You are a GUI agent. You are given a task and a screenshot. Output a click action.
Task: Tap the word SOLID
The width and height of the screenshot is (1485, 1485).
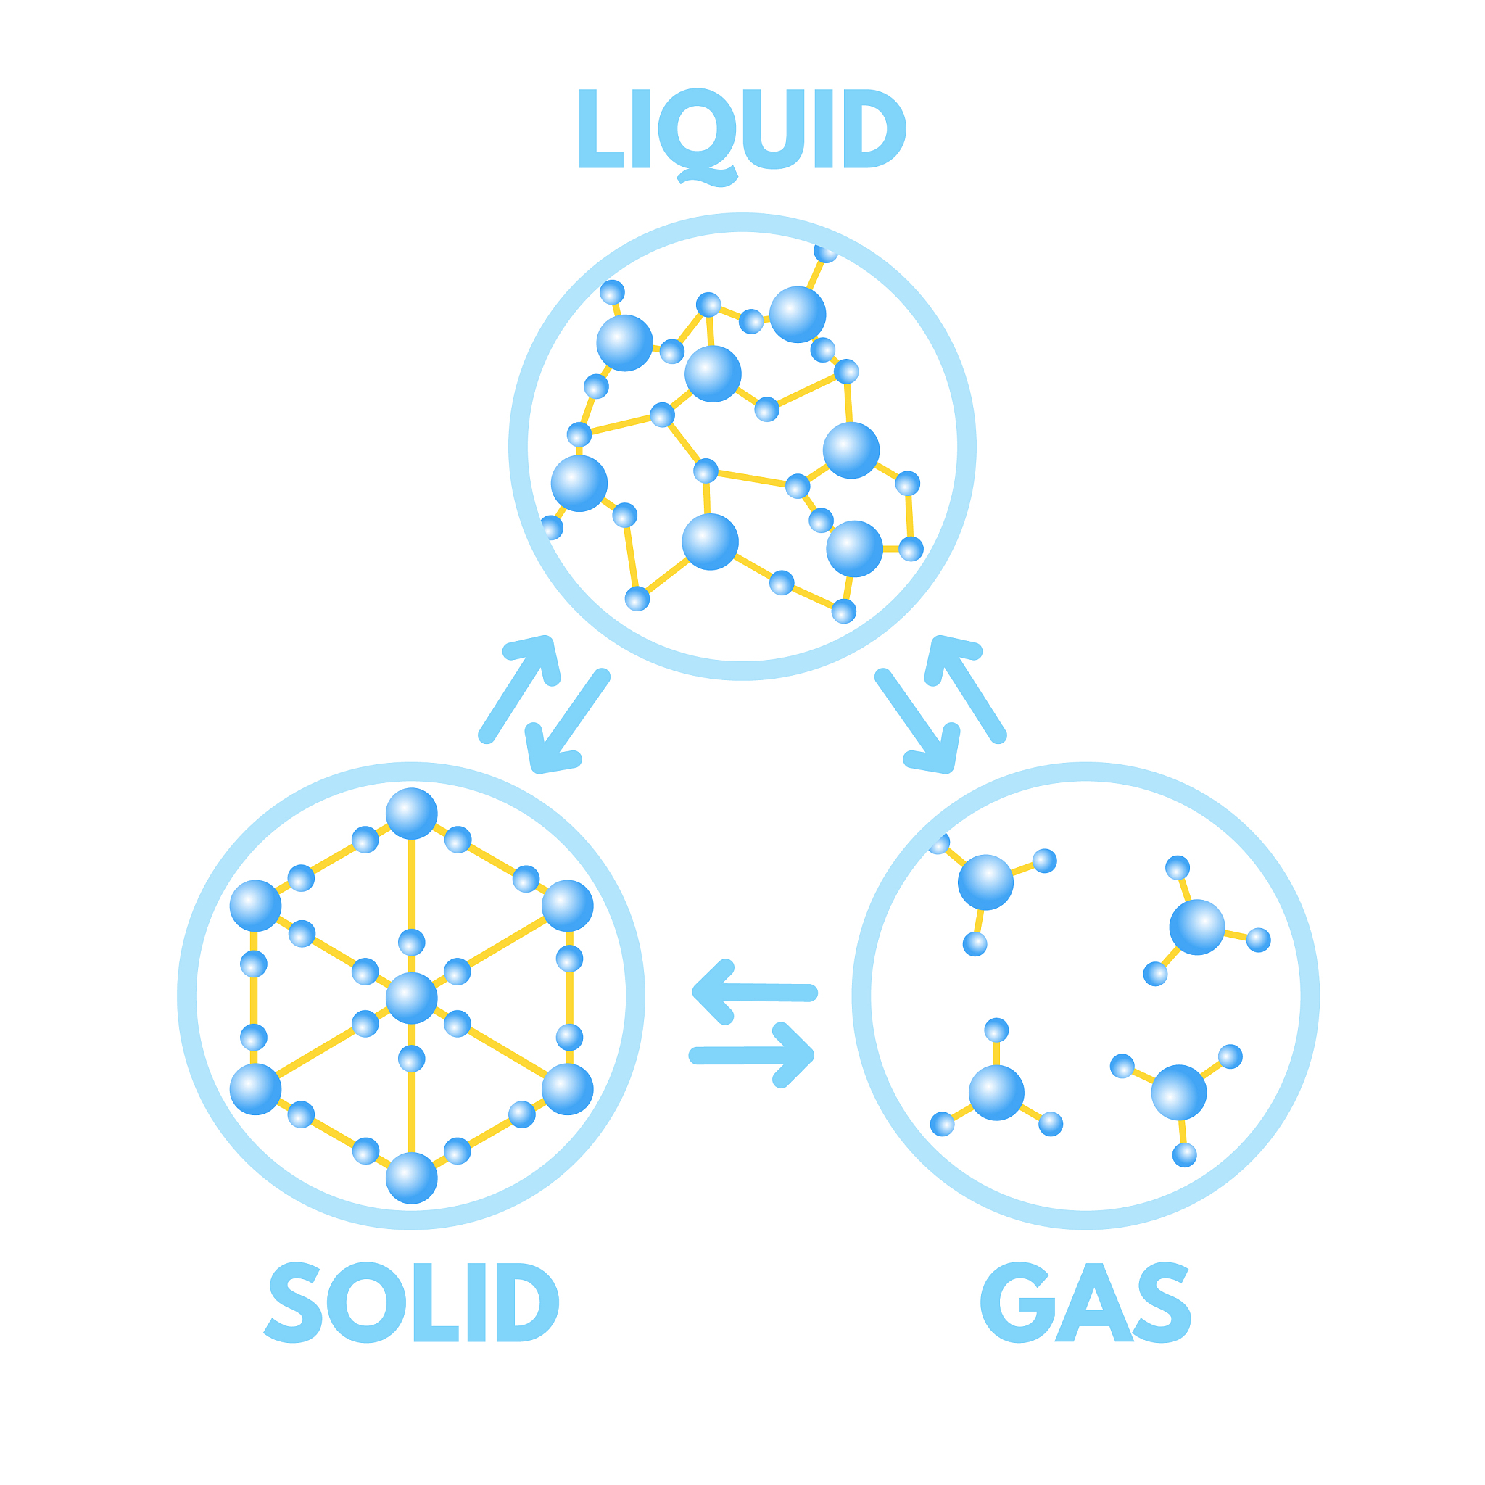tap(411, 1302)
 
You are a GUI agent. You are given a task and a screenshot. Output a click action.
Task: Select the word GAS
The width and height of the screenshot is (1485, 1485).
tap(1085, 1302)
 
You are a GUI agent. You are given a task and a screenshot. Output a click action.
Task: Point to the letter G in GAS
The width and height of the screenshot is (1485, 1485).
tap(1019, 1302)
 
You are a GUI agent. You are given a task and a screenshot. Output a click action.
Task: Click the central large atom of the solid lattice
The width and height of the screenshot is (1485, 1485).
tap(411, 998)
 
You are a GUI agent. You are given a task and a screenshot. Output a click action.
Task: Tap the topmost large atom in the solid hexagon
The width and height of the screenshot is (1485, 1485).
tap(411, 814)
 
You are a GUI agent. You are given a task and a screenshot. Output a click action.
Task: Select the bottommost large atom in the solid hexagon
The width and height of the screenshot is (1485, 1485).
tap(411, 1178)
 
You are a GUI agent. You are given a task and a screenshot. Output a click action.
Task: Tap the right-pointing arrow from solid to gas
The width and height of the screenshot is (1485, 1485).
tap(752, 1055)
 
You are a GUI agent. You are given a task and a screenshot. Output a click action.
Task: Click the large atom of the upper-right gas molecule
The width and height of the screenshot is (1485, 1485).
tap(1196, 927)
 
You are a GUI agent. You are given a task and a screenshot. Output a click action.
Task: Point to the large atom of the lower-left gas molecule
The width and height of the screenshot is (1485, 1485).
tap(996, 1092)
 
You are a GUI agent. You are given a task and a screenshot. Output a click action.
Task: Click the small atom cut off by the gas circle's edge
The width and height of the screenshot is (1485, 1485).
tap(939, 844)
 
